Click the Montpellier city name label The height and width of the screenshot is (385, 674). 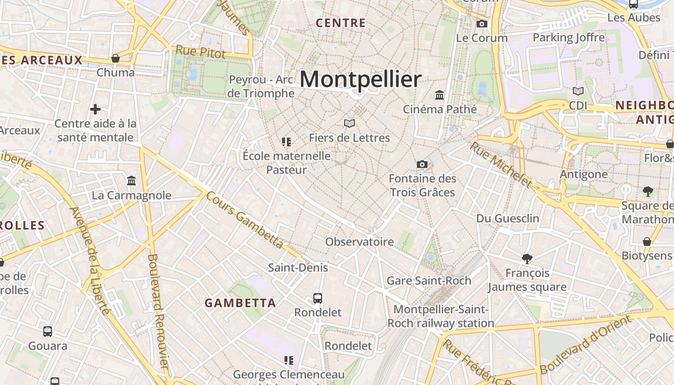(x=361, y=79)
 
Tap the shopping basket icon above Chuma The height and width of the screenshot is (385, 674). (x=116, y=59)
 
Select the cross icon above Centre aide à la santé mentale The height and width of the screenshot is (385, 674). (x=95, y=109)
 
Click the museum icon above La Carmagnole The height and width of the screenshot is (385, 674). (x=131, y=181)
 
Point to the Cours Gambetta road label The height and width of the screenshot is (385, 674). (x=245, y=220)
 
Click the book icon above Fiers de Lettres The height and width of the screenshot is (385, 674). (x=350, y=124)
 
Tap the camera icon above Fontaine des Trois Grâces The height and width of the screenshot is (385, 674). (x=422, y=165)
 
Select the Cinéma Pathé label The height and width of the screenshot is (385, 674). (x=440, y=109)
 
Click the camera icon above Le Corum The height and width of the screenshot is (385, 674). (x=482, y=24)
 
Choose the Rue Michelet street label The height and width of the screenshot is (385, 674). (x=501, y=165)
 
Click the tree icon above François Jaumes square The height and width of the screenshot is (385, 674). (x=527, y=259)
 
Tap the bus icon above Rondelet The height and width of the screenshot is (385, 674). (x=318, y=298)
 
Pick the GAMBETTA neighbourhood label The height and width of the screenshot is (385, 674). (x=240, y=303)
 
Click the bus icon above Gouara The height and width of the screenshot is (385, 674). (x=48, y=332)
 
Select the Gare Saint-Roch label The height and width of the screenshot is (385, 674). (x=429, y=281)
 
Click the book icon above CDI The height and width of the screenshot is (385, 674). (x=578, y=91)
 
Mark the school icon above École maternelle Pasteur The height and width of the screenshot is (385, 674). (x=287, y=142)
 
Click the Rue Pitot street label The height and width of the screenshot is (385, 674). (x=200, y=51)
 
